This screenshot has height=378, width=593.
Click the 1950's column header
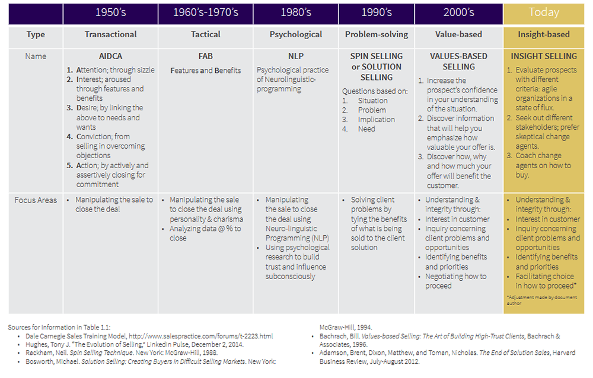(110, 12)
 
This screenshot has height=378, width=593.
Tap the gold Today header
(543, 12)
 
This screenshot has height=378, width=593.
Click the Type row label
(36, 34)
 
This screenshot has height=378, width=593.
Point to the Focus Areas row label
(36, 200)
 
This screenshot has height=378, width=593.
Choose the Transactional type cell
(110, 34)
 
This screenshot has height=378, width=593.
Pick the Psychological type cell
(295, 34)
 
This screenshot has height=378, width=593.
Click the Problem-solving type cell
(377, 34)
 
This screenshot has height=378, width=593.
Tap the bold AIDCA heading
(110, 56)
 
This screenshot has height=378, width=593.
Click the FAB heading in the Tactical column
(205, 56)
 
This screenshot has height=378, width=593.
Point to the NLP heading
(295, 56)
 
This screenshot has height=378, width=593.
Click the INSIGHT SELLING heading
(544, 56)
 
